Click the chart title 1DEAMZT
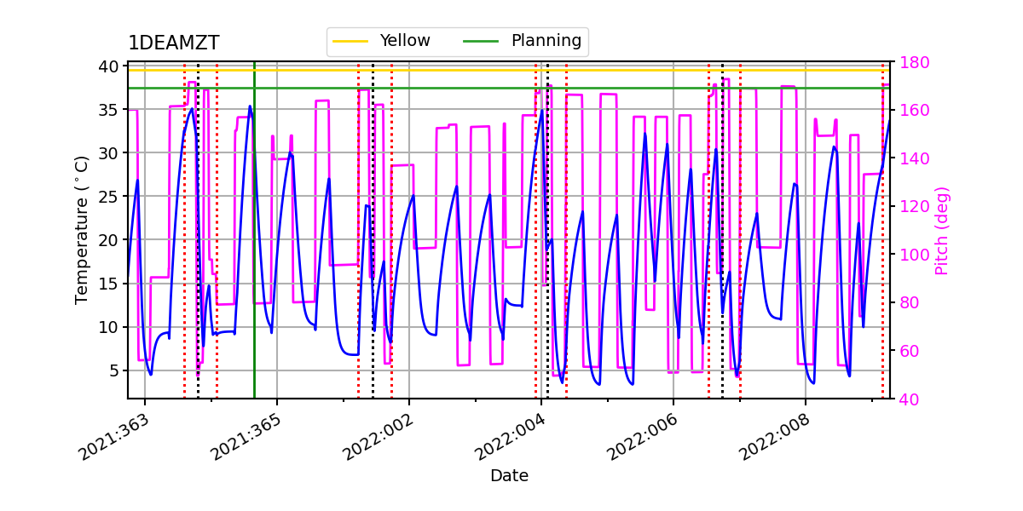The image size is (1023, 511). tap(173, 43)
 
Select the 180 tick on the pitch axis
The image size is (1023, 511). tap(909, 62)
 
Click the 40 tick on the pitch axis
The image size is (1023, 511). tap(905, 399)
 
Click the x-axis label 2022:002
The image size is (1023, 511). tap(378, 436)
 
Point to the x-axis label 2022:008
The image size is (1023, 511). tap(774, 436)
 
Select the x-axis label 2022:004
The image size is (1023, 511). tap(510, 436)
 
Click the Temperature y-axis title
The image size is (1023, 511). tap(82, 230)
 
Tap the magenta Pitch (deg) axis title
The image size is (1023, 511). tap(941, 230)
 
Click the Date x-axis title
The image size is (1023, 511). tap(509, 476)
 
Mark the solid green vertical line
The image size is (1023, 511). tap(254, 255)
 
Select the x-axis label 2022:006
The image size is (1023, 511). tap(642, 436)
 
